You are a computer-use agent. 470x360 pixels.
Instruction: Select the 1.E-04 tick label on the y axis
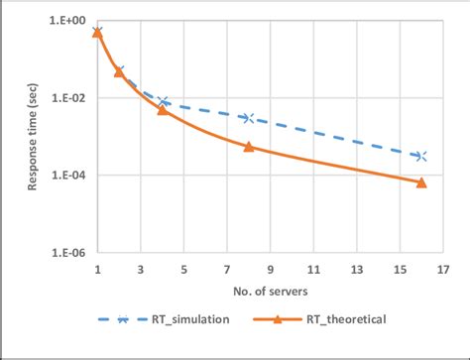click(x=67, y=176)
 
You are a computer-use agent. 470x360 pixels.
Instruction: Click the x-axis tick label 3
click(x=141, y=269)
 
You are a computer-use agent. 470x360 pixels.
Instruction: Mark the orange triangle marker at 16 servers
click(x=421, y=182)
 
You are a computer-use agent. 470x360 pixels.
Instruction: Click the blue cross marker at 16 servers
click(x=421, y=157)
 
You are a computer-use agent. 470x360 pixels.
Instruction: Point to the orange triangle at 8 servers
click(x=249, y=147)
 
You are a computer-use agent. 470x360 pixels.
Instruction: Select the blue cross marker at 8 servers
click(x=249, y=118)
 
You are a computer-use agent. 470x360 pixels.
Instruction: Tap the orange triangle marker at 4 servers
click(x=163, y=110)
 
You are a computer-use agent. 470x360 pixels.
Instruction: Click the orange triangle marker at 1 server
click(x=97, y=33)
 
